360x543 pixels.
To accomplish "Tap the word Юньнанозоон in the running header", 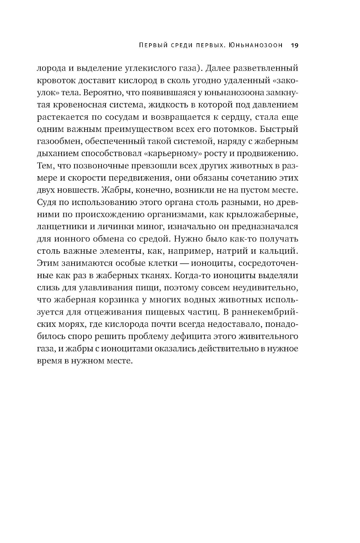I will (256, 46).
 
